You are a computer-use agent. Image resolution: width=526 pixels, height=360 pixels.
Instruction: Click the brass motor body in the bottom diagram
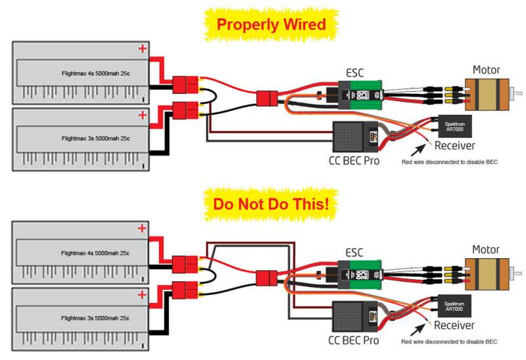click(x=486, y=271)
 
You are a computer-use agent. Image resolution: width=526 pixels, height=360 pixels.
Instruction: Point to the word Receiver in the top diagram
click(x=456, y=145)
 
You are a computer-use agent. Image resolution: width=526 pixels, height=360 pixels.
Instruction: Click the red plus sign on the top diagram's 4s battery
click(x=141, y=48)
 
